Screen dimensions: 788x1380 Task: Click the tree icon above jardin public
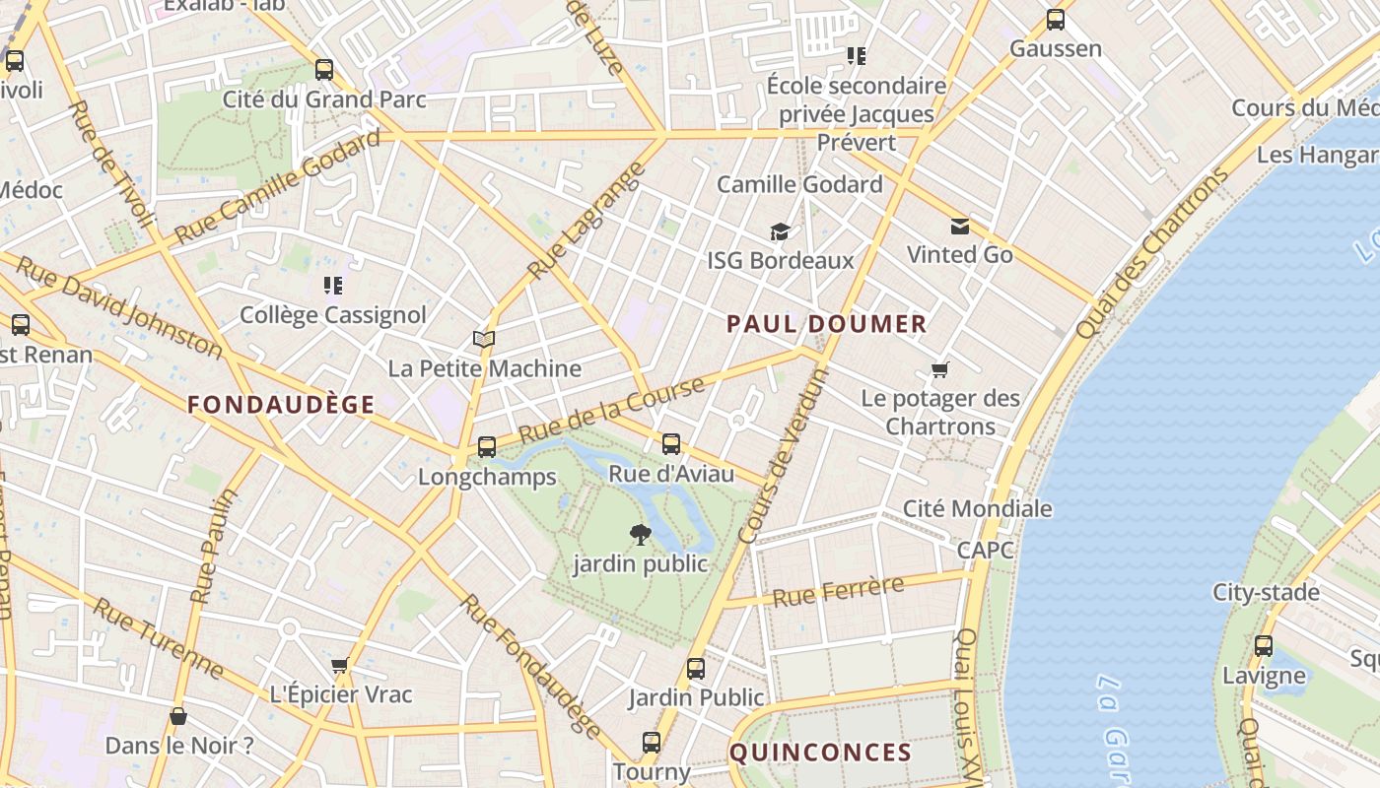pos(641,535)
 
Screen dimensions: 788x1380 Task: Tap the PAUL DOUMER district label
pos(827,324)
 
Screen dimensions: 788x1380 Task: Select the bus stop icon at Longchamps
pos(486,447)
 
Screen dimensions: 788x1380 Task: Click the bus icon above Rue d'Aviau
pos(671,444)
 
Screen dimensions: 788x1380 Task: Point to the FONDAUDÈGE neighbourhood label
pos(281,404)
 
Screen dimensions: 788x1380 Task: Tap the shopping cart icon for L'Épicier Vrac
pos(340,666)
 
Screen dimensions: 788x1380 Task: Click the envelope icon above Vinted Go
pos(959,228)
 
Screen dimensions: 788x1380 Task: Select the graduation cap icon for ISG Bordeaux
pos(780,232)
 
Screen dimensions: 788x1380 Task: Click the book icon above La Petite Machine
pos(483,340)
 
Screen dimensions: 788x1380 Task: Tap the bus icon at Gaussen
pos(1056,20)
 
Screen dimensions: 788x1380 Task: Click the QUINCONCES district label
pos(820,753)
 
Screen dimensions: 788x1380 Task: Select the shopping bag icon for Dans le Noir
pos(178,716)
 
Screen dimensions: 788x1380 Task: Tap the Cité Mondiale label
pos(978,508)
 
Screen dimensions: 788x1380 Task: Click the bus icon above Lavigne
pos(1264,647)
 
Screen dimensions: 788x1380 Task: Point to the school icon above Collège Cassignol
pos(333,286)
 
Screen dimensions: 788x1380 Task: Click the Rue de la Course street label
pos(611,410)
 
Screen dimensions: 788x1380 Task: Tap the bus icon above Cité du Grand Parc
pos(324,70)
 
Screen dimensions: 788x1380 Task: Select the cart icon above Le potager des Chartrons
pos(939,370)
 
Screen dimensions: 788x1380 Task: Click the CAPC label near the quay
pos(985,550)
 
